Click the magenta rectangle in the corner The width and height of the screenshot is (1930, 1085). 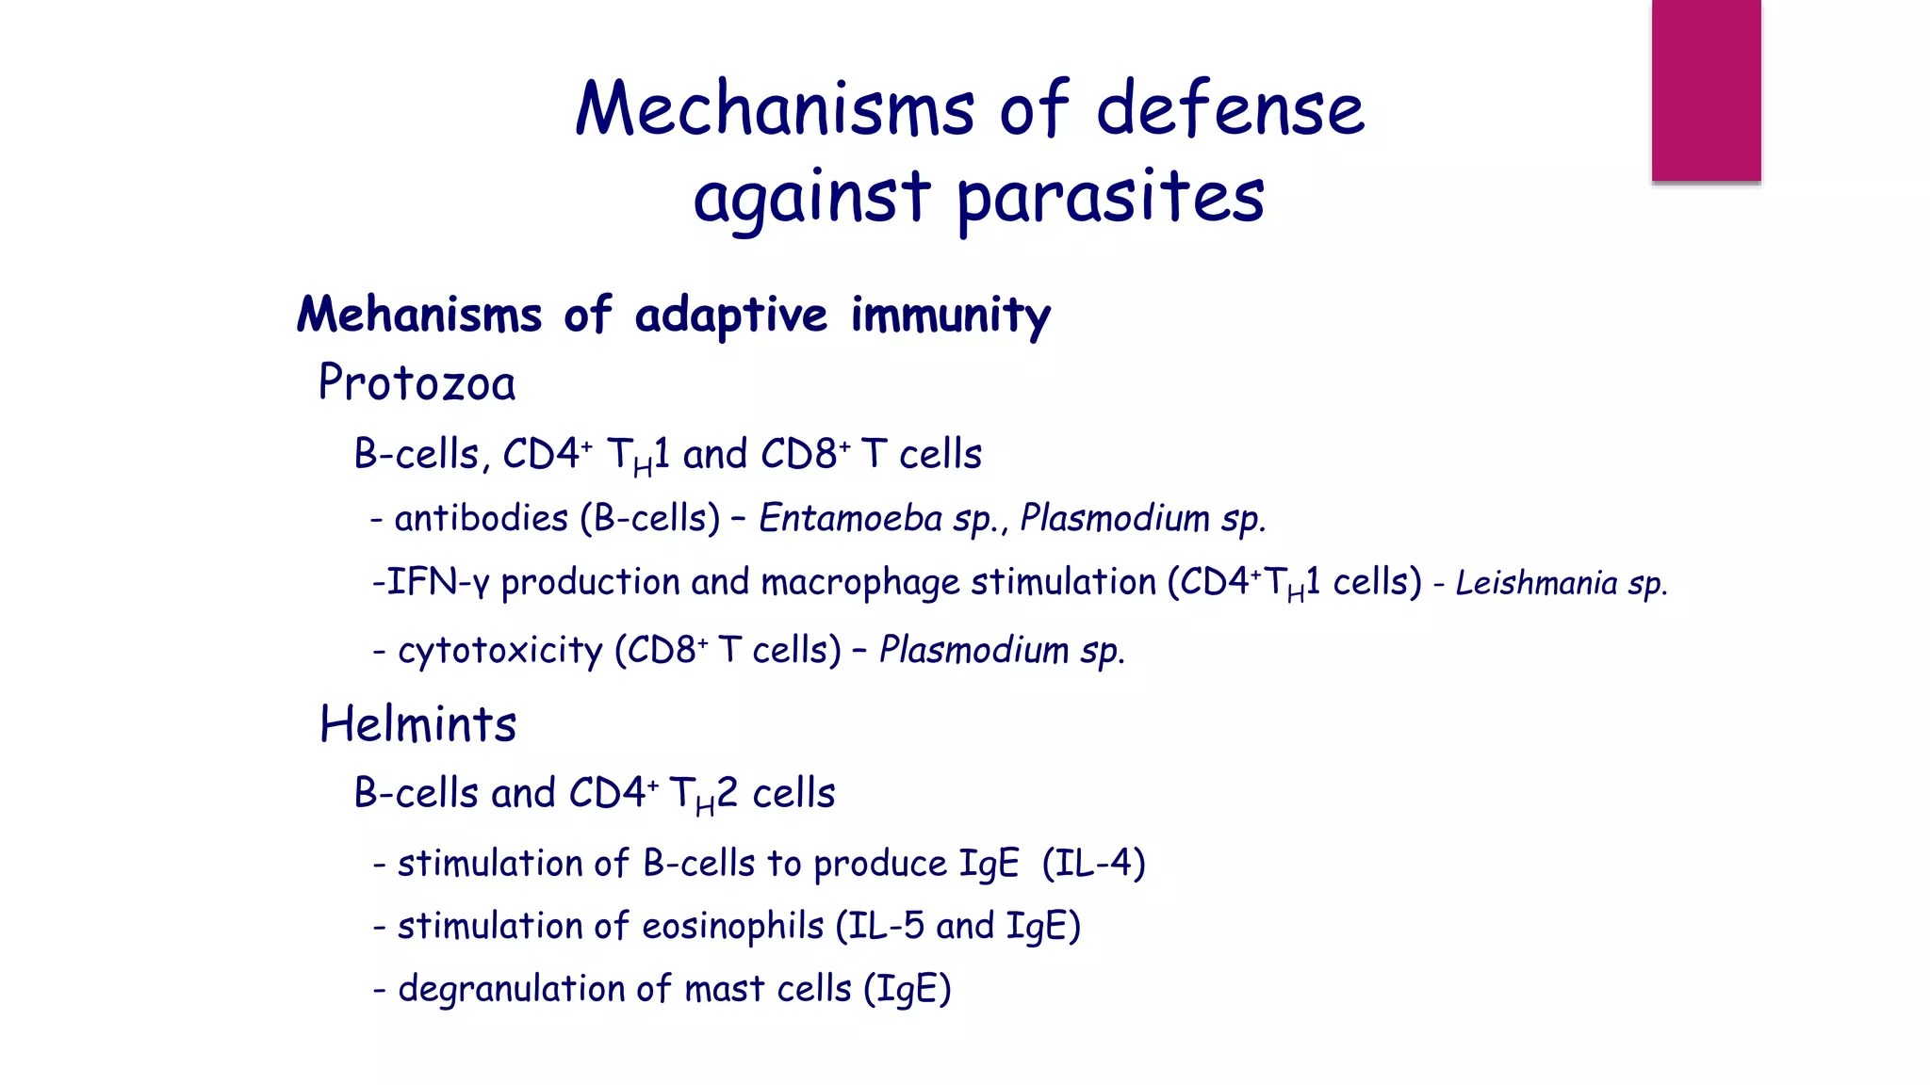[x=1706, y=90]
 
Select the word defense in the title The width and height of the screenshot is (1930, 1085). [x=1230, y=109]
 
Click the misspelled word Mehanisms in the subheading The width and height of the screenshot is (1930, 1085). [x=419, y=315]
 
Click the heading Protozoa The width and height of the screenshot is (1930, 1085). [x=417, y=383]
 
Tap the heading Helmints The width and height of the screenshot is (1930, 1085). [x=417, y=725]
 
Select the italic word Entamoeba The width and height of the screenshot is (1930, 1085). [x=850, y=519]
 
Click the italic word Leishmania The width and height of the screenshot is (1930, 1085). [x=1536, y=583]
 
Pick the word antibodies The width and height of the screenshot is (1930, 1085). [x=481, y=519]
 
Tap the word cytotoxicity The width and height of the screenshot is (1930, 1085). [x=499, y=651]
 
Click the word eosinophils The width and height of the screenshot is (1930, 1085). [x=732, y=927]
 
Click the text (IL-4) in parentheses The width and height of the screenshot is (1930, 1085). [x=1093, y=864]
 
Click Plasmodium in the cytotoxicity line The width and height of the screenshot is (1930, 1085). [x=973, y=651]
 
